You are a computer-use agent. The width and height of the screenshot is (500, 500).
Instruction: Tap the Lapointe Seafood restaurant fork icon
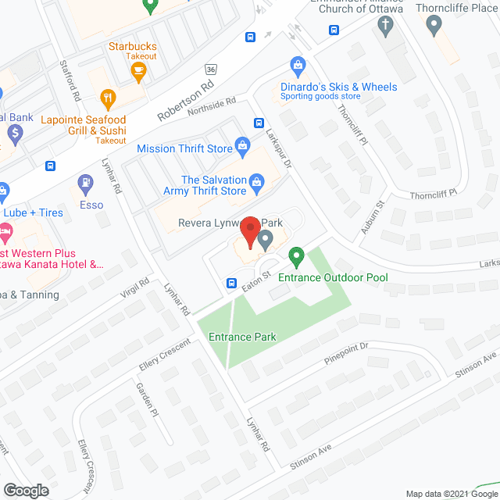[x=108, y=98]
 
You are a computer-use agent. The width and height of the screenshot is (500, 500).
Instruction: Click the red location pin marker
[x=249, y=233]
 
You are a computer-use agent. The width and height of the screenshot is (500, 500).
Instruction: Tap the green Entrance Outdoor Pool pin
[x=296, y=255]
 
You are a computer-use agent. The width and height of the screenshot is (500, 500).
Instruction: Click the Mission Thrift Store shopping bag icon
[x=242, y=146]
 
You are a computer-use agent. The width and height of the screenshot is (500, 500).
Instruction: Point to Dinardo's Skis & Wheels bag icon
[x=296, y=65]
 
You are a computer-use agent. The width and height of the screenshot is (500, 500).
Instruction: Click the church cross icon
[x=384, y=25]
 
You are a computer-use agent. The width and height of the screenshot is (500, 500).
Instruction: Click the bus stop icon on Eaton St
[x=231, y=283]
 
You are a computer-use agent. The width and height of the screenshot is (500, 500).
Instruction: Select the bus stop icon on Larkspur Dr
[x=259, y=123]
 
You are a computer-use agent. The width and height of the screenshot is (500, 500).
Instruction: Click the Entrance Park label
[x=243, y=337]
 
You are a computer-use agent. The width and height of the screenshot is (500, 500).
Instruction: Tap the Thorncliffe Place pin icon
[x=435, y=25]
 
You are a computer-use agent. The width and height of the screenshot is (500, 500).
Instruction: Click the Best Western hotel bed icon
[x=5, y=231]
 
